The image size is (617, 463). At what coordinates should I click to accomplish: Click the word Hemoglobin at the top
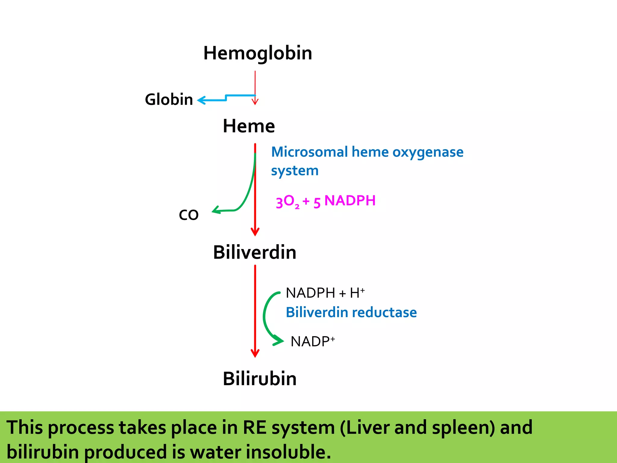(x=258, y=53)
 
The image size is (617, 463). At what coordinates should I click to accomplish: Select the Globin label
(x=169, y=99)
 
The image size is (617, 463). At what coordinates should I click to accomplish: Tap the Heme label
(x=249, y=126)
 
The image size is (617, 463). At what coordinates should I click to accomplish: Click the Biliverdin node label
(x=255, y=252)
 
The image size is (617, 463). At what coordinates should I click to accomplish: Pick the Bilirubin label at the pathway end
(x=260, y=379)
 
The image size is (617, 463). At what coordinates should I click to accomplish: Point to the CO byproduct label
(x=189, y=215)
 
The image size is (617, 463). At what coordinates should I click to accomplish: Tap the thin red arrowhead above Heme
(x=255, y=102)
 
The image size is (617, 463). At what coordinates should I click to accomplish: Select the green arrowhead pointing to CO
(x=216, y=210)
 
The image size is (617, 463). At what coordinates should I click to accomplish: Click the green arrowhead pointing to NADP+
(x=279, y=341)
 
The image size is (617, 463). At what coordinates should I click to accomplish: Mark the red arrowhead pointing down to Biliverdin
(x=255, y=232)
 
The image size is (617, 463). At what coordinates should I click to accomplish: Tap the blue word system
(x=295, y=171)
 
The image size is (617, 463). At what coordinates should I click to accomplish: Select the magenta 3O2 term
(x=287, y=201)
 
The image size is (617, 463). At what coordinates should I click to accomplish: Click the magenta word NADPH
(x=350, y=201)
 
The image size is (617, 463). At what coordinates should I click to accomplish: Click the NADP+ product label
(x=312, y=342)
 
